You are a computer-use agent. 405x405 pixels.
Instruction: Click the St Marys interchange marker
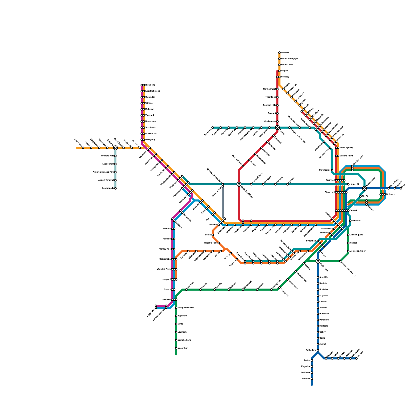click(x=115, y=148)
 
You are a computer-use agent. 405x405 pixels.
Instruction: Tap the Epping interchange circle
click(x=277, y=128)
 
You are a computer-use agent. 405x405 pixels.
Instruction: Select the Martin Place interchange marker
click(x=364, y=188)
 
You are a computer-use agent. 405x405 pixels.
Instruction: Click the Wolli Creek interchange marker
click(x=318, y=261)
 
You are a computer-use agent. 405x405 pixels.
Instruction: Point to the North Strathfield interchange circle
click(x=239, y=184)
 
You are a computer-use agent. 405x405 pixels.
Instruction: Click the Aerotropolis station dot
click(x=115, y=188)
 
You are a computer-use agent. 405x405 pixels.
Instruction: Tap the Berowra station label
click(x=285, y=53)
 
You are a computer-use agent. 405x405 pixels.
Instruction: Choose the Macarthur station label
click(x=183, y=348)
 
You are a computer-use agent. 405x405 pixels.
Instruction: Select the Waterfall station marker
click(x=312, y=379)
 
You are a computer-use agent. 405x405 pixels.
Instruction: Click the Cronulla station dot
click(x=356, y=358)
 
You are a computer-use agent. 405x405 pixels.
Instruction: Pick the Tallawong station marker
click(x=213, y=128)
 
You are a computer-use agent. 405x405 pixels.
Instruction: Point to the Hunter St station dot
click(x=348, y=184)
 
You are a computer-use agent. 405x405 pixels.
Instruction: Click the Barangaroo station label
click(x=325, y=170)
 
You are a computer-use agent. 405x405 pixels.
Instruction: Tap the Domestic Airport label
click(x=358, y=251)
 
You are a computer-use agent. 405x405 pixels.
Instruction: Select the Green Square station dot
click(x=348, y=235)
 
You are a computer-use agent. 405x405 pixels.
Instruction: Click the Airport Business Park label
click(x=103, y=172)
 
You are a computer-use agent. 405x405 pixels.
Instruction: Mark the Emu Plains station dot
click(x=83, y=148)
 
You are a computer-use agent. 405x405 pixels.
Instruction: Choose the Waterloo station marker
click(x=350, y=221)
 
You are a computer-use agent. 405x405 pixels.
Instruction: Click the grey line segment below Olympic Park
click(x=223, y=202)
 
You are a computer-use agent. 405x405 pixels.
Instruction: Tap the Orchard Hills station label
click(x=107, y=156)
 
